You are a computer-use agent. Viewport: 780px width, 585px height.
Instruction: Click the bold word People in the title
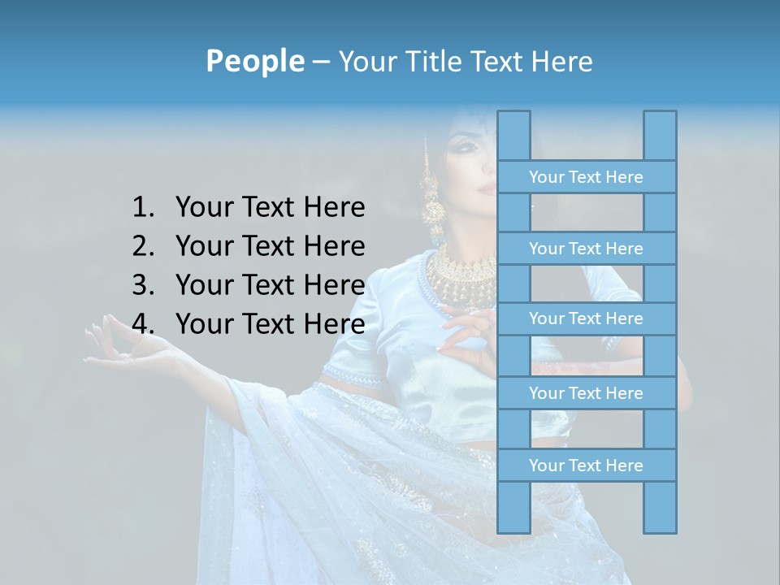254,61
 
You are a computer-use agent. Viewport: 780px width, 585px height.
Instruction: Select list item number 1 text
270,207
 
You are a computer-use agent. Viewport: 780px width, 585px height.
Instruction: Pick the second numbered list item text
270,246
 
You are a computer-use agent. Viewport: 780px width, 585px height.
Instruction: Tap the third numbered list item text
270,285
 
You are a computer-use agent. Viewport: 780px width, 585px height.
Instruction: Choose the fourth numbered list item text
270,324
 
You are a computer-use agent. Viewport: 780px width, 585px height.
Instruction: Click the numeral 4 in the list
141,324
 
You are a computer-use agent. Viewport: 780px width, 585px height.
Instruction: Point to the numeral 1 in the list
141,207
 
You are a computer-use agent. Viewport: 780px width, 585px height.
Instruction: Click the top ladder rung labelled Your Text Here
586,177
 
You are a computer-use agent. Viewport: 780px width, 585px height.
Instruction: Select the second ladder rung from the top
586,249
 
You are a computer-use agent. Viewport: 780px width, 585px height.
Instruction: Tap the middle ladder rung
586,318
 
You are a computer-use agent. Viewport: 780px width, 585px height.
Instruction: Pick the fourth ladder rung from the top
586,393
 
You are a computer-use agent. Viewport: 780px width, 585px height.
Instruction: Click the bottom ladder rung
586,466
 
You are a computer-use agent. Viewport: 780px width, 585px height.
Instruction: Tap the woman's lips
485,187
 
